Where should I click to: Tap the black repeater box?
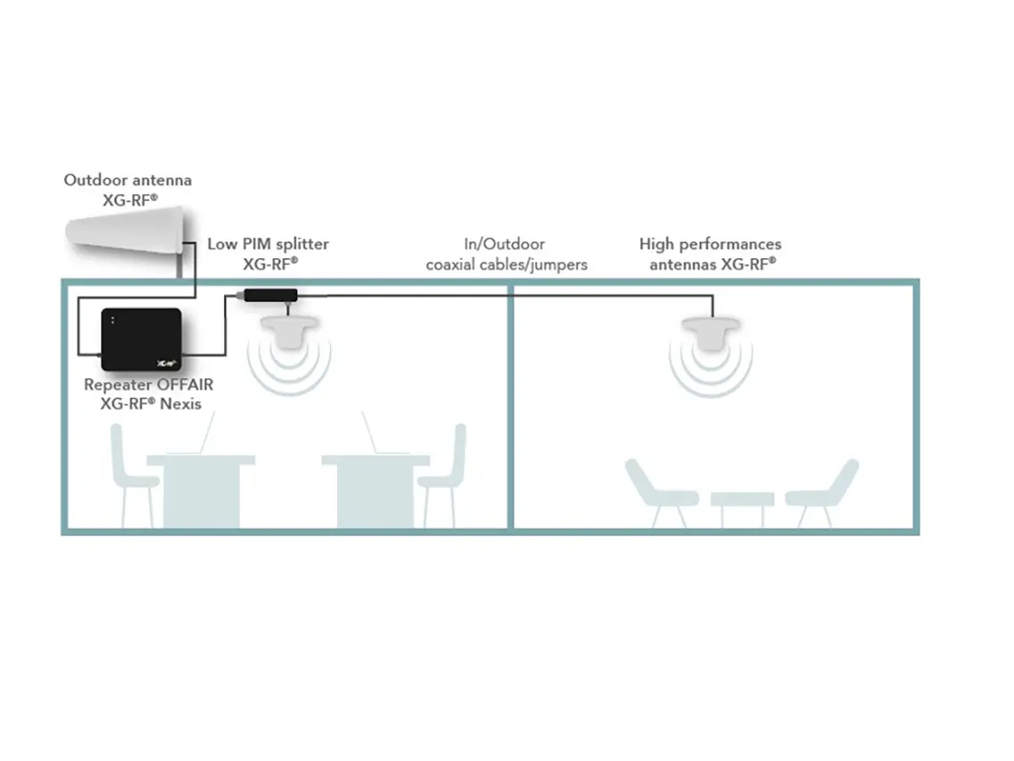[141, 338]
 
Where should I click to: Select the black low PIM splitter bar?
[270, 295]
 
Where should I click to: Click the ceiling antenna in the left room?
[288, 331]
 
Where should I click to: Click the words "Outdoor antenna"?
[127, 180]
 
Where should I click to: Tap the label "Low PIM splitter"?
[268, 244]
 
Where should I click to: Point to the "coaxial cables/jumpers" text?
[506, 264]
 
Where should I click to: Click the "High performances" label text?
[710, 244]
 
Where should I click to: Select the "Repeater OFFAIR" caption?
[149, 385]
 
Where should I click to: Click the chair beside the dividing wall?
[444, 472]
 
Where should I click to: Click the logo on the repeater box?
[163, 363]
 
